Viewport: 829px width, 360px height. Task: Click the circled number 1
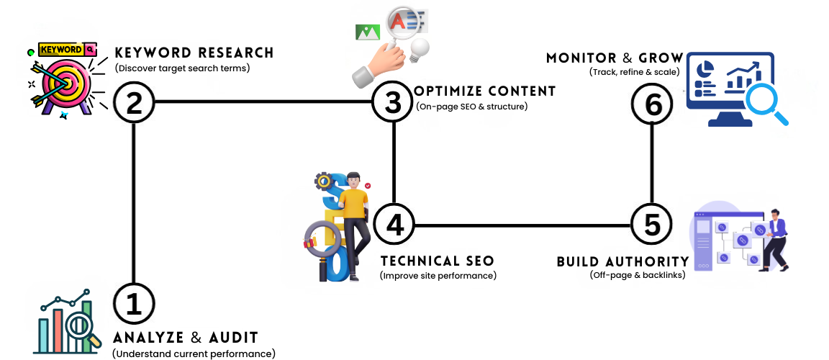click(x=135, y=305)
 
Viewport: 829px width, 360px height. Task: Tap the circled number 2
click(x=135, y=102)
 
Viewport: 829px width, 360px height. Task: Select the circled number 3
click(x=393, y=102)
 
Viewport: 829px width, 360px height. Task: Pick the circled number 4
click(x=394, y=225)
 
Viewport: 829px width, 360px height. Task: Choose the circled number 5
click(x=651, y=225)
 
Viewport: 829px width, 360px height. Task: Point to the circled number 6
click(x=652, y=104)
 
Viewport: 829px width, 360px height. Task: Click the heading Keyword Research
click(x=194, y=53)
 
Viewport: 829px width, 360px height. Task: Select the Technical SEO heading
click(x=438, y=261)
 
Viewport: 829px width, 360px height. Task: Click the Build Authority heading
click(x=622, y=261)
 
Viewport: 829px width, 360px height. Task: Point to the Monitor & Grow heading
click(x=612, y=58)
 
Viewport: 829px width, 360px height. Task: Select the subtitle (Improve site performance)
click(x=438, y=276)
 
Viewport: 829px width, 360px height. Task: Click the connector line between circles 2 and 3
click(x=263, y=102)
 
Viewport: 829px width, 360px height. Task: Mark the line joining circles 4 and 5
click(x=522, y=225)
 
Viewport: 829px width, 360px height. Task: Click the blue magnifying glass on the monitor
click(x=765, y=101)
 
